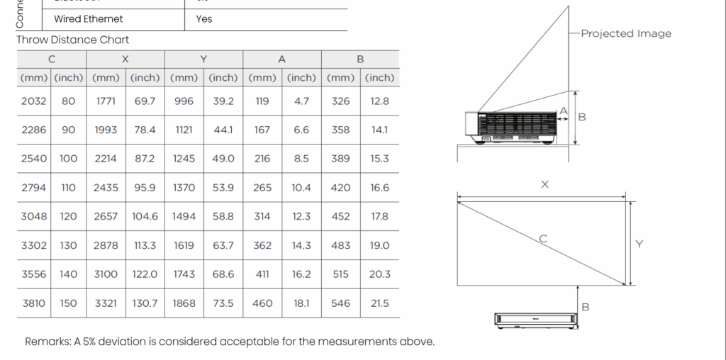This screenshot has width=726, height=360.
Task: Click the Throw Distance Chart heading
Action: tap(73, 40)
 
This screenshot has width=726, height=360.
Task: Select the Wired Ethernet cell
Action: tap(89, 19)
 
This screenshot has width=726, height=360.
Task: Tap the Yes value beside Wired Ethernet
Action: tap(203, 19)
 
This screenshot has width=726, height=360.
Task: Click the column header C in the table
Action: tap(52, 60)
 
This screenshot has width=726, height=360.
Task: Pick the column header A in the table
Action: tap(282, 60)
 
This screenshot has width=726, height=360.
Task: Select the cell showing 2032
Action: tap(34, 101)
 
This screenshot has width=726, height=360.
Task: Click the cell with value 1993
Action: tap(106, 130)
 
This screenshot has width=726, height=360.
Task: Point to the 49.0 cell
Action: tap(223, 159)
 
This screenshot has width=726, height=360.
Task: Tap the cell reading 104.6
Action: tap(145, 217)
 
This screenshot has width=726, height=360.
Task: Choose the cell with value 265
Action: tap(262, 188)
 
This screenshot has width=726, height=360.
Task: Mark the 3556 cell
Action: tap(34, 274)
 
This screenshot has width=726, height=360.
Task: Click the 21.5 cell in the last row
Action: tap(380, 303)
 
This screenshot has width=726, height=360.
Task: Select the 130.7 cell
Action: tap(145, 303)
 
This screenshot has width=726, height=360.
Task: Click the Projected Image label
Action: tap(626, 33)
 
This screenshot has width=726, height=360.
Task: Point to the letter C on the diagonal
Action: tap(543, 239)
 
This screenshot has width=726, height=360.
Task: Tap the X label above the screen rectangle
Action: tap(544, 184)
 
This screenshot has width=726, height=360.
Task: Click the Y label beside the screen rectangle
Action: tap(640, 244)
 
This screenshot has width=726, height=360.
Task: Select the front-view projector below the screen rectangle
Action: tap(537, 320)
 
